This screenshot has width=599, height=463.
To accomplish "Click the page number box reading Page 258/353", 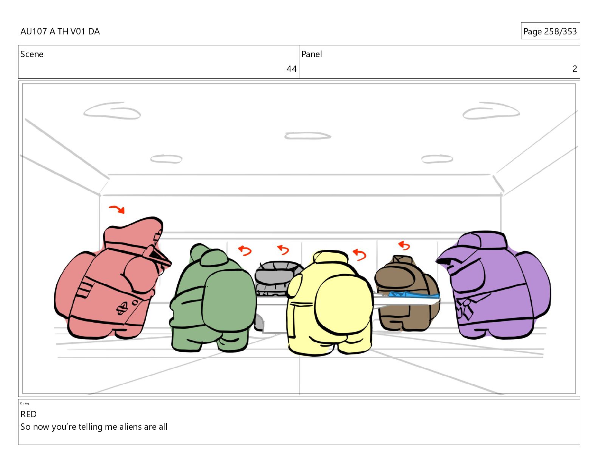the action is coord(550,31).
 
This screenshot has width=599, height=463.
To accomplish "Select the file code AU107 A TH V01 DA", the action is coord(60,31).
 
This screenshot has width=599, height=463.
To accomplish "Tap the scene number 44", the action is coord(291,69).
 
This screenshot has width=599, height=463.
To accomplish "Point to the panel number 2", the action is coord(574,69).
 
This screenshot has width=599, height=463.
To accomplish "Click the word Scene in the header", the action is coord(32,54).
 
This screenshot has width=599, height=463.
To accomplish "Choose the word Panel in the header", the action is coord(312,54).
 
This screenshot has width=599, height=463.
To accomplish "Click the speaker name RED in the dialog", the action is coord(28,414).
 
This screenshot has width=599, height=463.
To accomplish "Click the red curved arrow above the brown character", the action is coord(404,245).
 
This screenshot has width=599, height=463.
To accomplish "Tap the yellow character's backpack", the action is coord(344,305).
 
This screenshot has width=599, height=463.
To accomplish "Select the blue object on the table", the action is coord(413,295).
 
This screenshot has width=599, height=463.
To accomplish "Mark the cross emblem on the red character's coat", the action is coord(121,309).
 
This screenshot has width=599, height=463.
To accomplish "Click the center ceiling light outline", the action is coord(308,136).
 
